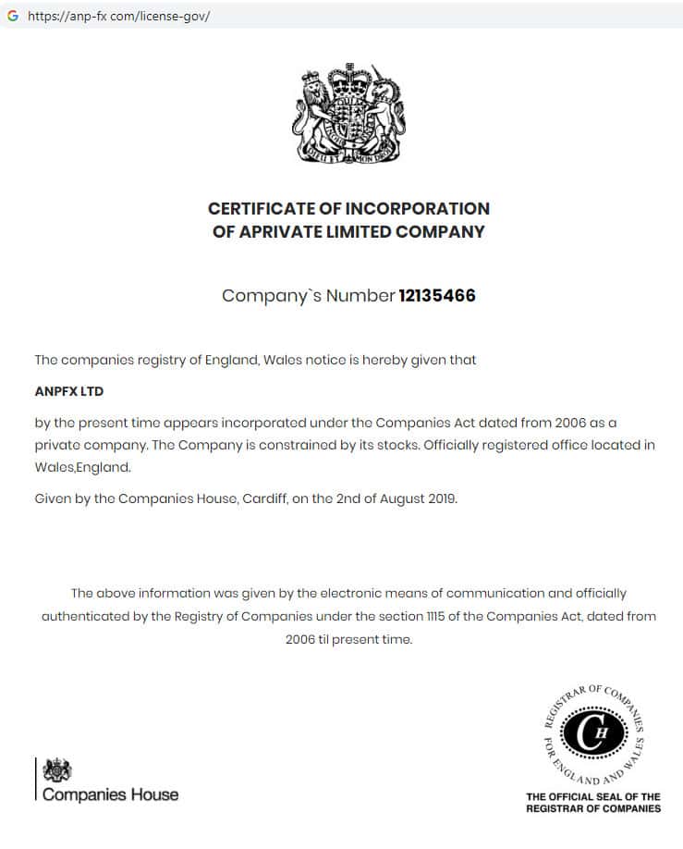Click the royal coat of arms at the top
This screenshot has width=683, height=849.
(348, 114)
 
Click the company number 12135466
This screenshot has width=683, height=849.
(436, 296)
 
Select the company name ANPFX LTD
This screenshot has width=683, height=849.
(69, 391)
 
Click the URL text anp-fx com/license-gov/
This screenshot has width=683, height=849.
(119, 17)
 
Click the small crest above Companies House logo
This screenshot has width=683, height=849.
(58, 769)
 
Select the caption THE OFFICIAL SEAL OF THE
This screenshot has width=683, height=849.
(592, 796)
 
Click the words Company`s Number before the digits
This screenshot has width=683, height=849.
(308, 296)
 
